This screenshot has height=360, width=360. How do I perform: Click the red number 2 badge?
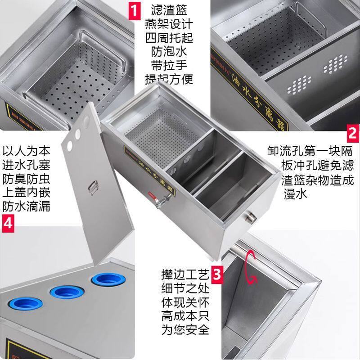tap(352, 133)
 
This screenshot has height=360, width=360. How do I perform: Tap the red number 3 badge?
tap(217, 273)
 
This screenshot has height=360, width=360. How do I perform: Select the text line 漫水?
tap(295, 194)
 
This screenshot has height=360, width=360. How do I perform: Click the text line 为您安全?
tap(185, 330)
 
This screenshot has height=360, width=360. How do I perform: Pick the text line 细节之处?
tap(185, 288)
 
